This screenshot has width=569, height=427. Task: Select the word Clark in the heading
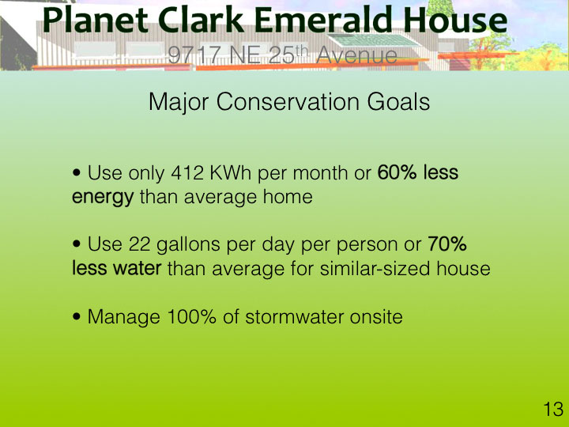coord(201,21)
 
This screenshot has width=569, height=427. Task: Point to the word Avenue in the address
coord(356,55)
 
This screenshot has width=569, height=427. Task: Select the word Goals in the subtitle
coord(398,101)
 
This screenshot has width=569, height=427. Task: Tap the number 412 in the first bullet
coord(187,173)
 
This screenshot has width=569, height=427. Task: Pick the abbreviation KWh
coord(231,173)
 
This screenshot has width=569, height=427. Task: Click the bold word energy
coord(103,198)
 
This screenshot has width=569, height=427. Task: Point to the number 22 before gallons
coord(139,244)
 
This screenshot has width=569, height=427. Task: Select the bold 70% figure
coord(447,244)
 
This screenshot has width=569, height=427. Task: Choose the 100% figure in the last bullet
coord(191,316)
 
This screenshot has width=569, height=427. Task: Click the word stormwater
coord(294,317)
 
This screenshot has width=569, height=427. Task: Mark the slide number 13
coord(553,410)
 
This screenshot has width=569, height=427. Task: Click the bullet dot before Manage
coord(76,316)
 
